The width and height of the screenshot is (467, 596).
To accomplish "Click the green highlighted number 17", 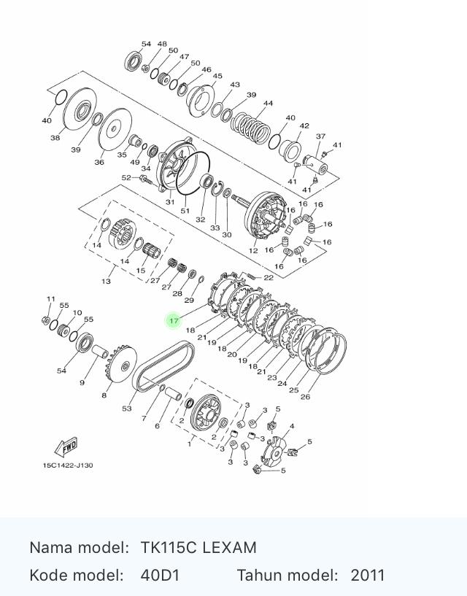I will [x=174, y=320].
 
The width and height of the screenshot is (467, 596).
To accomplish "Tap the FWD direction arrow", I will [x=66, y=447].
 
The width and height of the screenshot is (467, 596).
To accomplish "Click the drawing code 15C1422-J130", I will [x=67, y=465].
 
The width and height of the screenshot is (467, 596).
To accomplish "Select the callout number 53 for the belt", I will [x=127, y=409].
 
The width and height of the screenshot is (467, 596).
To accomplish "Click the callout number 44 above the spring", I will [x=268, y=104].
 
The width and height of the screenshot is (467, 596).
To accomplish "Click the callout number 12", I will [x=253, y=250].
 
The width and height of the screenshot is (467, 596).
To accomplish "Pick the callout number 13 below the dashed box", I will [x=107, y=281].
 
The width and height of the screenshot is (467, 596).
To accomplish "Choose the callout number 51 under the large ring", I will [x=185, y=211].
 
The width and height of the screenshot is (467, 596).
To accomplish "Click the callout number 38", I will [x=55, y=137].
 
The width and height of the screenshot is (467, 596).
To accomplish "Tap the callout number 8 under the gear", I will [x=104, y=395].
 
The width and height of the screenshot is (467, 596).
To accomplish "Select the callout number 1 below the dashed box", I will [x=190, y=444].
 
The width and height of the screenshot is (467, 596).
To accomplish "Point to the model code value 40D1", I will [x=160, y=575].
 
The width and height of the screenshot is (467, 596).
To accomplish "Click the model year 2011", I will [x=367, y=575].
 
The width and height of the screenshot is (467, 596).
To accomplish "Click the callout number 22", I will [x=269, y=277].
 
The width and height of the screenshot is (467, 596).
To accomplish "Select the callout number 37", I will [x=320, y=136].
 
